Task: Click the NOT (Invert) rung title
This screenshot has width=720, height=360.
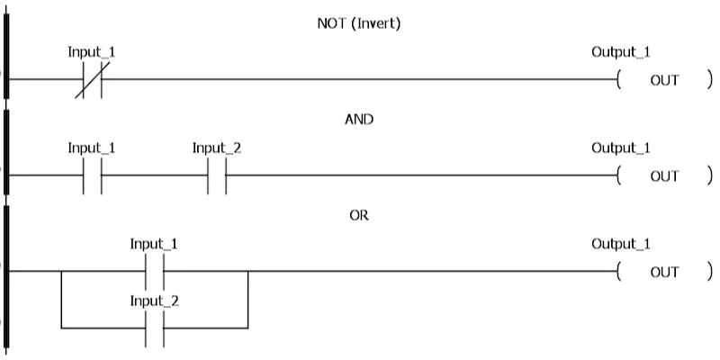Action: tap(359, 23)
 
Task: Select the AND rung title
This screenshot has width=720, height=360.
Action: tap(359, 119)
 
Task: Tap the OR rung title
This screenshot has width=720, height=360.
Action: tap(359, 215)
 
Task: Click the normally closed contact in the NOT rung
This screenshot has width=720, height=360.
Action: tap(92, 80)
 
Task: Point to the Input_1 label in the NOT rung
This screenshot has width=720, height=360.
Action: tap(92, 51)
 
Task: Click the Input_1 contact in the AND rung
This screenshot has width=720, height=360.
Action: tap(92, 176)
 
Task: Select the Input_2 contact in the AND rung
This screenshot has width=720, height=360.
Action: tap(217, 176)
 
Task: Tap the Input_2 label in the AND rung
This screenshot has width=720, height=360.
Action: tap(217, 148)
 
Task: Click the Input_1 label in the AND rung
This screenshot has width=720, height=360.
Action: tap(92, 148)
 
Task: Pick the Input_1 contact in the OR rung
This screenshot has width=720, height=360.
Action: tap(154, 272)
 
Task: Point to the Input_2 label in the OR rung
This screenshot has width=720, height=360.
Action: tap(154, 301)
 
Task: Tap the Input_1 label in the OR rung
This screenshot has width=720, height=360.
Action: tap(154, 244)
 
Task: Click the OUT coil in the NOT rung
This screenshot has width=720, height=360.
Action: tap(664, 80)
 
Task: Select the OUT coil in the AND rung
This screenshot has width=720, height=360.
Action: tap(664, 176)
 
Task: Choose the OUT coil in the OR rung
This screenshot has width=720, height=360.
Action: tap(664, 272)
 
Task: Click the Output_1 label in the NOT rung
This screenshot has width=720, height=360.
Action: tap(620, 51)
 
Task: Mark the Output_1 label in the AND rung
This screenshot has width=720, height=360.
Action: tap(620, 148)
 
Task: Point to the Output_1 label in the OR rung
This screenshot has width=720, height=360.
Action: tap(620, 244)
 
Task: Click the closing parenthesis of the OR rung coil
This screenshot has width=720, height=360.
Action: tap(709, 272)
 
